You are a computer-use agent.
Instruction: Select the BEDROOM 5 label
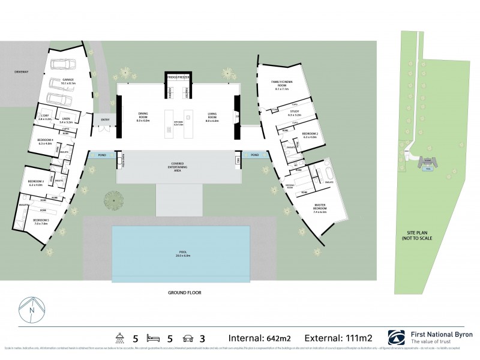pos(37,222)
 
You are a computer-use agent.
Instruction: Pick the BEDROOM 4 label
pos(46,142)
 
